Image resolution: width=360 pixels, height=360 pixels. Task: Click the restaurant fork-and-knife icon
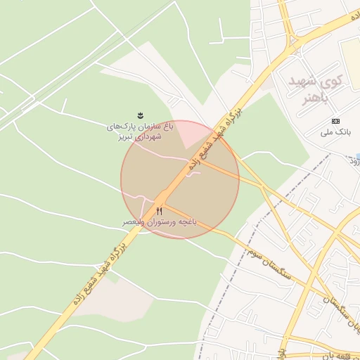160,211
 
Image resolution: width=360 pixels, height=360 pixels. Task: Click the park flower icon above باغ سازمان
140,115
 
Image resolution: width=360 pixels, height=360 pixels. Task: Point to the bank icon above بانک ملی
335,121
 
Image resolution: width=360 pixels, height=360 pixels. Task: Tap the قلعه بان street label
342,355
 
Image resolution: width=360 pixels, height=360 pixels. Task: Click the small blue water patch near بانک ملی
357,156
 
